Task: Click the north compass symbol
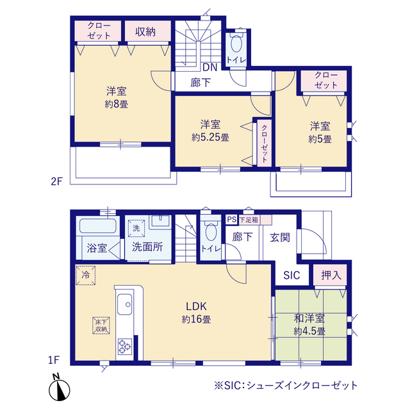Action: click(x=57, y=387)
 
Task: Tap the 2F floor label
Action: click(x=56, y=181)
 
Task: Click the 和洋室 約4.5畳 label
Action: click(x=309, y=325)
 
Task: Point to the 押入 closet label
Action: click(x=331, y=275)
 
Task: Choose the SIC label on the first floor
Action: click(x=291, y=275)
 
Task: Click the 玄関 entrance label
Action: click(x=280, y=237)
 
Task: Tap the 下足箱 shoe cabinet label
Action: click(x=249, y=219)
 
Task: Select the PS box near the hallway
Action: click(x=231, y=219)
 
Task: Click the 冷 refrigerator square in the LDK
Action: click(x=85, y=274)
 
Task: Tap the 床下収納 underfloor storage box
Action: click(x=101, y=325)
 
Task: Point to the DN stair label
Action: click(x=210, y=67)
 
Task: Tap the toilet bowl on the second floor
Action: click(x=235, y=45)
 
